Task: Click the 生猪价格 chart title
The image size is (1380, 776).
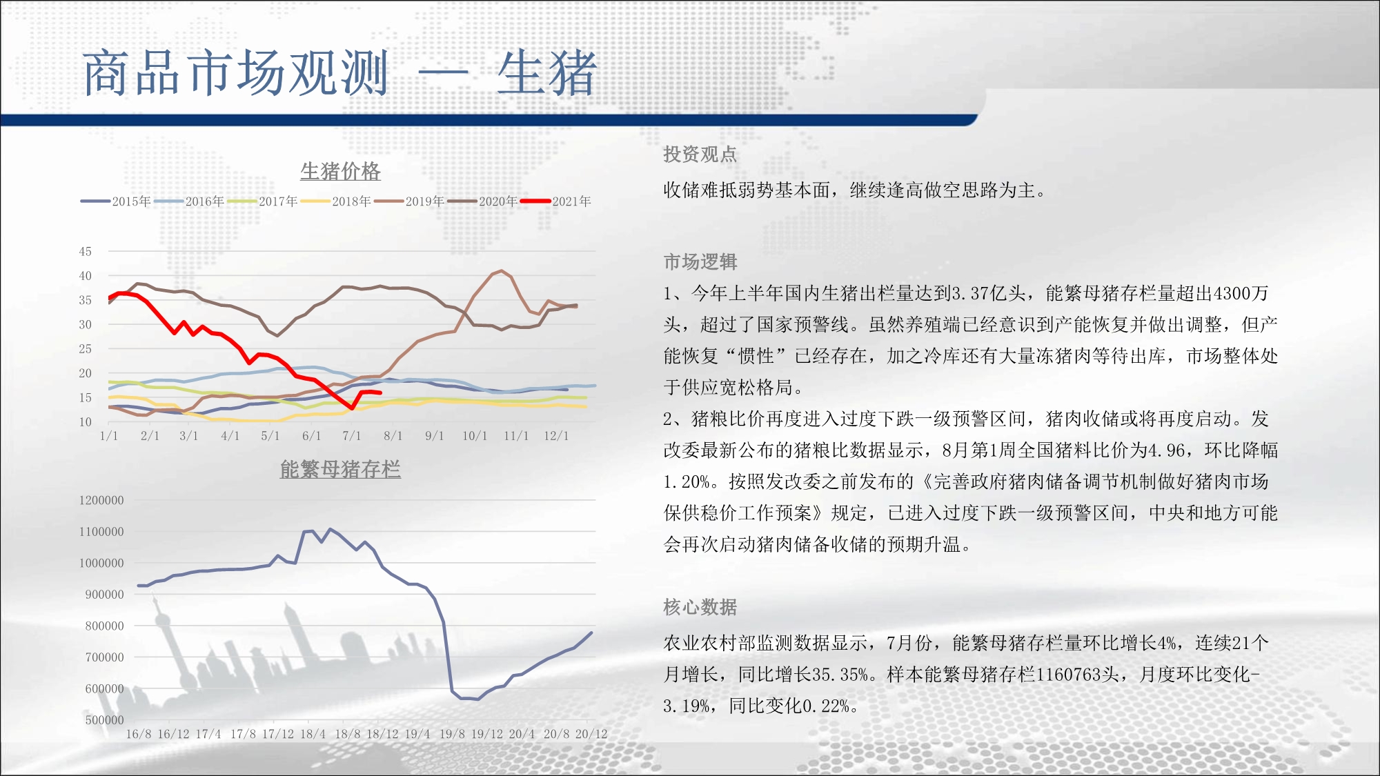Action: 340,171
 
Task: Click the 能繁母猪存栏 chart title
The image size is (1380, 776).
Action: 340,469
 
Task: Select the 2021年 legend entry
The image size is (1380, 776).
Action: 556,201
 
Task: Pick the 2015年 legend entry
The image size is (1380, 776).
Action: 116,201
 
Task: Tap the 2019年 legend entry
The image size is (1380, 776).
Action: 409,201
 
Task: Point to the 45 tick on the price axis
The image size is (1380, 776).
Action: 85,252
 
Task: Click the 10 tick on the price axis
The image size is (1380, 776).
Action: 85,422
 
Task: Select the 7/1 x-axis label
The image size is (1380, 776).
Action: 352,436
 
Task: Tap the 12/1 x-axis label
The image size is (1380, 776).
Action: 556,436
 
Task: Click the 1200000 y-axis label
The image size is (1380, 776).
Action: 101,501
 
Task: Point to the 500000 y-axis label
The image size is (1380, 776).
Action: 104,720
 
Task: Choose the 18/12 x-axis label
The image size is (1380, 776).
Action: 382,734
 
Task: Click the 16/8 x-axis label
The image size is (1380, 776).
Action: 139,734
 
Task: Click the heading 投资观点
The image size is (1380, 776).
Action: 700,155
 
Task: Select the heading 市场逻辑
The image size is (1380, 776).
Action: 700,262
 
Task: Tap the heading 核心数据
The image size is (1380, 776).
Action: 700,607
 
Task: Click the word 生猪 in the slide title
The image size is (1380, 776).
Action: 546,73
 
